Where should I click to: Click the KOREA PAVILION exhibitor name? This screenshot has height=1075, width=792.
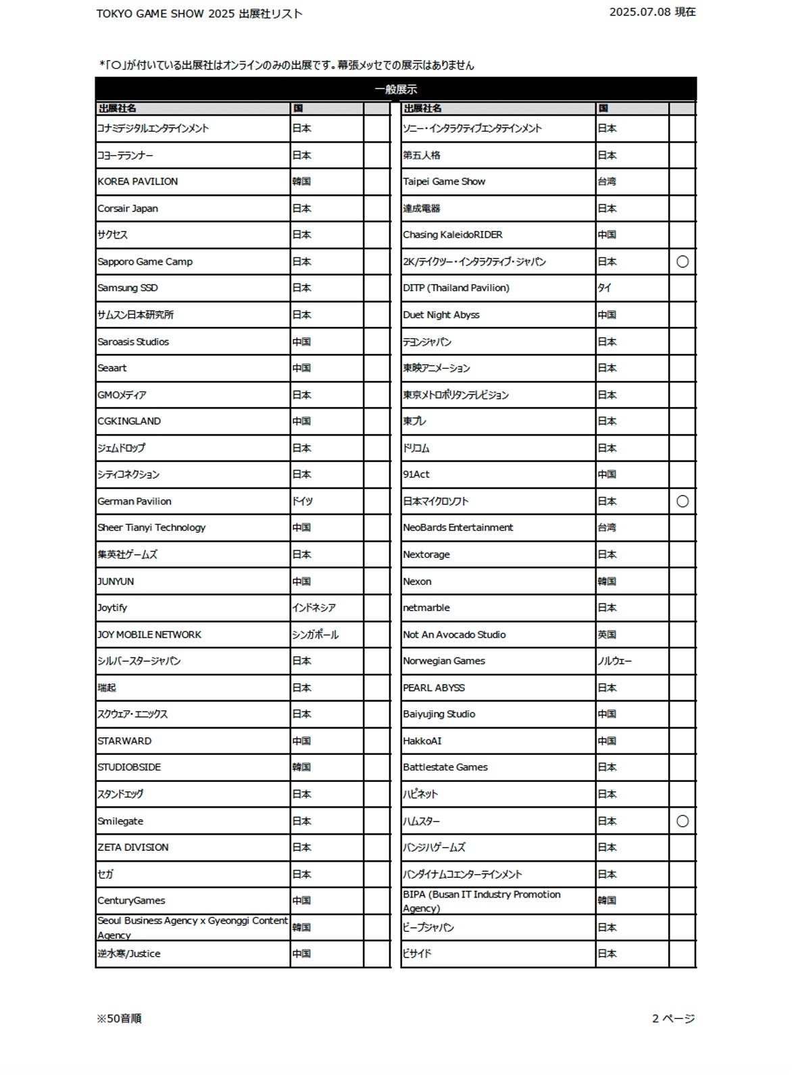coord(138,182)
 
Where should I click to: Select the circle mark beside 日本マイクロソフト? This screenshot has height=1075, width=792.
coord(683,501)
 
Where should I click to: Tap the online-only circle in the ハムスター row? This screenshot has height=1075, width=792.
coord(683,821)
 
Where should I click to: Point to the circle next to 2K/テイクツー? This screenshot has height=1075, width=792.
coord(683,261)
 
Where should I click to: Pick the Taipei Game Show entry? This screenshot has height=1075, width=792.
coord(444,182)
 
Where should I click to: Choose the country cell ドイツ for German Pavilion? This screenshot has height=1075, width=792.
coord(303,501)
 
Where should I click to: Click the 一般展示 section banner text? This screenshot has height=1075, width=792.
coord(396,89)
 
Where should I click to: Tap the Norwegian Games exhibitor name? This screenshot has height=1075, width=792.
coord(444,661)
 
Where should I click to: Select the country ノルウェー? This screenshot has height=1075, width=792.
coord(614,661)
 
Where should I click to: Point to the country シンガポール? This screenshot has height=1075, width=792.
coord(316,635)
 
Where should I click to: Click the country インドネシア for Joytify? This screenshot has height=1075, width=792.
coord(314,608)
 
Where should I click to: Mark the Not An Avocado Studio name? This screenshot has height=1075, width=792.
coord(454,635)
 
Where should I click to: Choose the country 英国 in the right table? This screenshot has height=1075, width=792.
coord(607,635)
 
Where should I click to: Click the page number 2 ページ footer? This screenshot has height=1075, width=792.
coord(673,1018)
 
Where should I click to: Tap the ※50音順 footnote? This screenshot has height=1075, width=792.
coord(119,1018)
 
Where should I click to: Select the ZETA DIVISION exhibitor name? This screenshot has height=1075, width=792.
coord(133,847)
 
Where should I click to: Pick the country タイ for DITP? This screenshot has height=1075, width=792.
coord(604,288)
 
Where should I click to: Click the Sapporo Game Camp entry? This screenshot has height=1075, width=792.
coord(145,261)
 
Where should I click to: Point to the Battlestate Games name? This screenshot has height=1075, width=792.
coord(445,767)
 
